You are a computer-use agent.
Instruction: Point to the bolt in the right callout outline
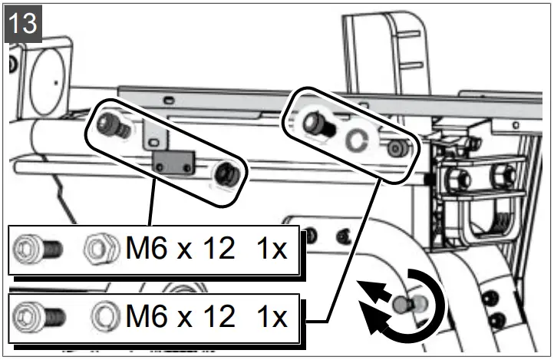(x=318, y=124)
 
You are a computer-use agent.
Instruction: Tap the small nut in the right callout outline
(x=395, y=148)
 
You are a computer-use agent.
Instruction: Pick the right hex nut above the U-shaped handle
(x=504, y=177)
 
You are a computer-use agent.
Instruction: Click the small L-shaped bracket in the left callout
(x=156, y=134)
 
